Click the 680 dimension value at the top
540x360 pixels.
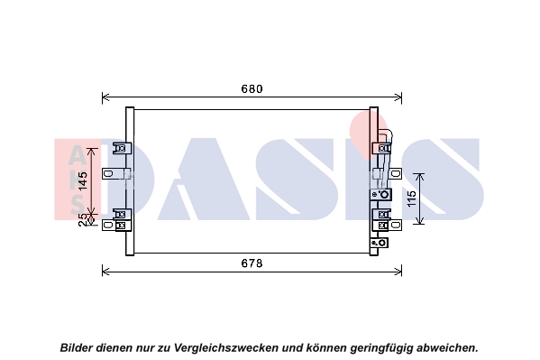click(x=252, y=89)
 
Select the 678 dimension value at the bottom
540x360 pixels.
click(x=252, y=263)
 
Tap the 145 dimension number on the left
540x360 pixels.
click(x=83, y=180)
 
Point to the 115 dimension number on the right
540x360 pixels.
click(x=412, y=198)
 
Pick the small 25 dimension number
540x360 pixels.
click(x=83, y=219)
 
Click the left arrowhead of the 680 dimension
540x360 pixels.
click(x=105, y=97)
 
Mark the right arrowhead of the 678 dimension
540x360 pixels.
click(x=398, y=272)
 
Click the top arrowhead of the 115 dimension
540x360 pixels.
click(x=419, y=176)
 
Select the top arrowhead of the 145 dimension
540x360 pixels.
click(x=91, y=152)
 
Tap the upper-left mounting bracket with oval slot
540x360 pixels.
click(x=108, y=173)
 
